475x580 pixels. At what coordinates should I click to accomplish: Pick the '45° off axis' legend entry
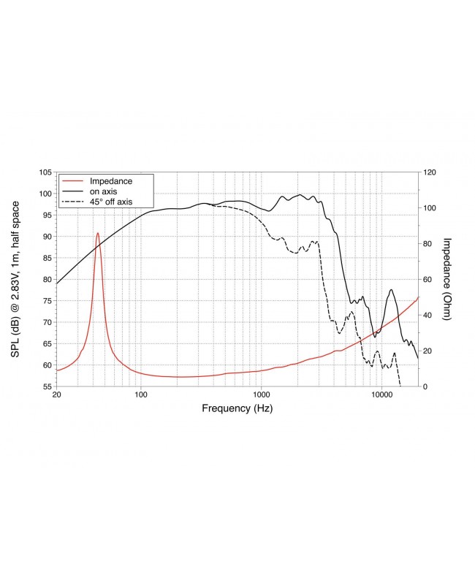pyautogui.click(x=110, y=202)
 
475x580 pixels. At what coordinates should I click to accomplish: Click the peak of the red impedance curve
pyautogui.click(x=97, y=233)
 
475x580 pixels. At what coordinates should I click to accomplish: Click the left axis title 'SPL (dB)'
pyautogui.click(x=15, y=278)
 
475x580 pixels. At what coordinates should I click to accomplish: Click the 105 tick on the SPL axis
pyautogui.click(x=45, y=172)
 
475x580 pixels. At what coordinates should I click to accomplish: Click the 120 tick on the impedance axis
pyautogui.click(x=430, y=172)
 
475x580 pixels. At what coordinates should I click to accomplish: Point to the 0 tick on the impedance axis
pyautogui.click(x=425, y=386)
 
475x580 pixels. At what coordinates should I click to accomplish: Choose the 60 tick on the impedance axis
pyautogui.click(x=427, y=280)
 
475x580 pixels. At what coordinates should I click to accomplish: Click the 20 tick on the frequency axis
pyautogui.click(x=57, y=395)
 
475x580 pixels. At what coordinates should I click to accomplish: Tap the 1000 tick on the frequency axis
pyautogui.click(x=262, y=395)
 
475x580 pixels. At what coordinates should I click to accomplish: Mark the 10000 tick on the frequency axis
pyautogui.click(x=381, y=395)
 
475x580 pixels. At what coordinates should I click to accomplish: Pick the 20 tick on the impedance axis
pyautogui.click(x=427, y=351)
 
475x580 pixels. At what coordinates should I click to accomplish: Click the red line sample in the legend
pyautogui.click(x=72, y=180)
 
